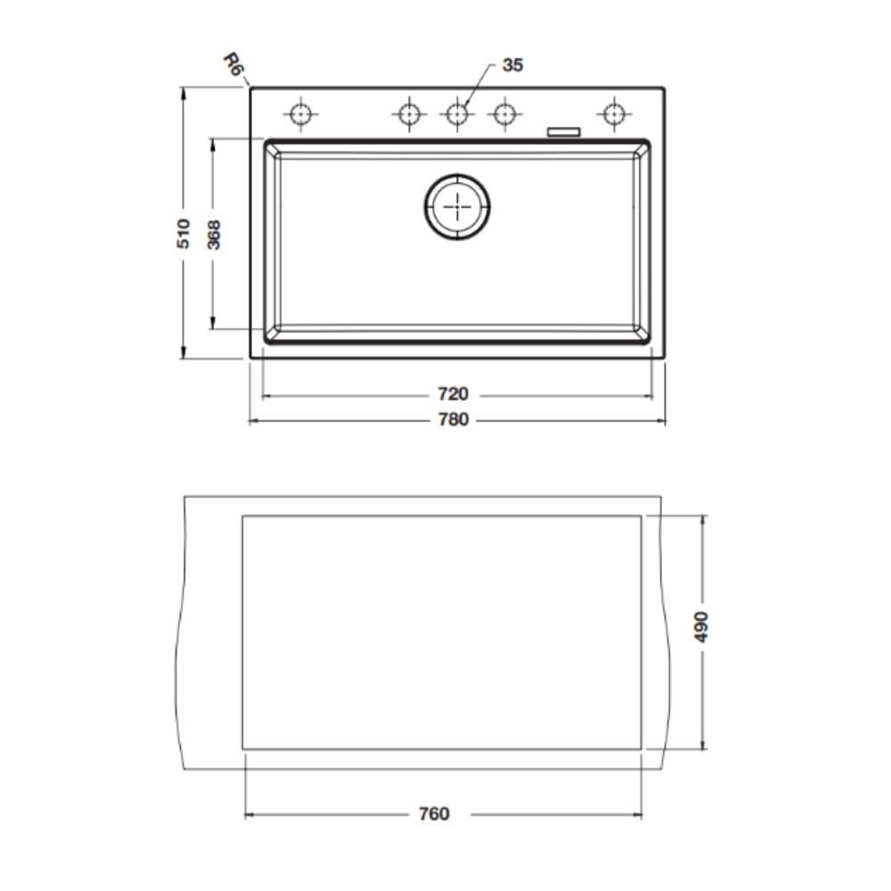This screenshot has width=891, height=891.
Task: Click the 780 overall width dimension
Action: (453, 420)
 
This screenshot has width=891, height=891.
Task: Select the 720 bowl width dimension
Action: (453, 394)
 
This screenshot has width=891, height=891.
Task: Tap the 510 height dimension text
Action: (183, 233)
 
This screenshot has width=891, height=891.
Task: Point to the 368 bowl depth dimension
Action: (214, 234)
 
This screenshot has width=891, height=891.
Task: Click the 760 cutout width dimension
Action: (434, 813)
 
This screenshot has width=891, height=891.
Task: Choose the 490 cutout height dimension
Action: (702, 626)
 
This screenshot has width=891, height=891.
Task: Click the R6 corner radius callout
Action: (233, 63)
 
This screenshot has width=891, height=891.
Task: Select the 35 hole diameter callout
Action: (512, 65)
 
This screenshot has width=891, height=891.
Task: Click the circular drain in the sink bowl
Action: (457, 207)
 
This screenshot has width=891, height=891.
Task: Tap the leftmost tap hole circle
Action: (300, 114)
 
